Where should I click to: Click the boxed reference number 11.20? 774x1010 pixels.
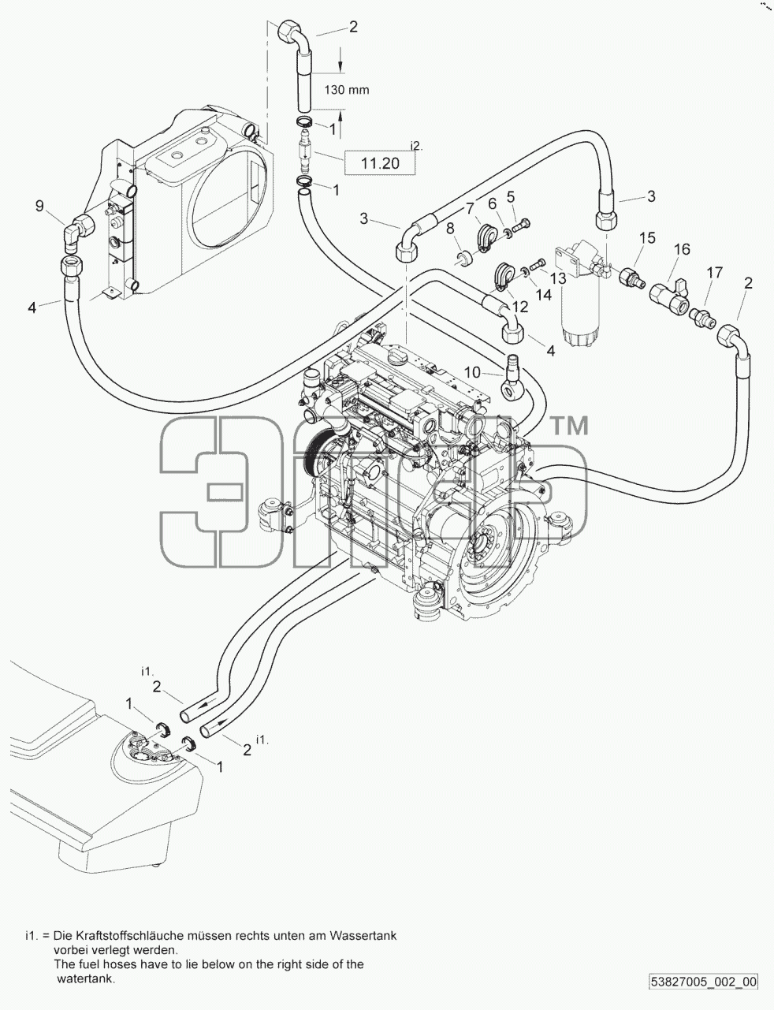tap(380, 162)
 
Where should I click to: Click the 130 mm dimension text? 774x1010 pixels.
tap(347, 90)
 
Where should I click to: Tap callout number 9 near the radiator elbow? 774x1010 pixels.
tap(39, 206)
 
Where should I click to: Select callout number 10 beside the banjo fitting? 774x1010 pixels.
tap(472, 372)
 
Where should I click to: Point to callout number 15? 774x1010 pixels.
tap(647, 238)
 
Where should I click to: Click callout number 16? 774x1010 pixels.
tap(682, 249)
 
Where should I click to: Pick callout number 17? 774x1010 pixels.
tap(715, 272)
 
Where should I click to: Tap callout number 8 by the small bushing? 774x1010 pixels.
tap(450, 228)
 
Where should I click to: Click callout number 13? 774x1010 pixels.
tap(559, 278)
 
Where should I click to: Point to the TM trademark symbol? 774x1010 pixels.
tap(570, 426)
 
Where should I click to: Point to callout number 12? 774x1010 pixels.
tap(520, 307)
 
